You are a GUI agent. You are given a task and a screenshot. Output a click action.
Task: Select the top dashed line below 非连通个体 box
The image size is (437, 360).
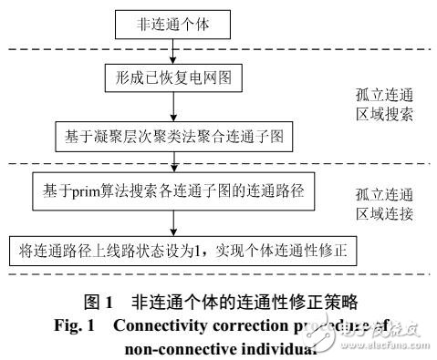(219, 47)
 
